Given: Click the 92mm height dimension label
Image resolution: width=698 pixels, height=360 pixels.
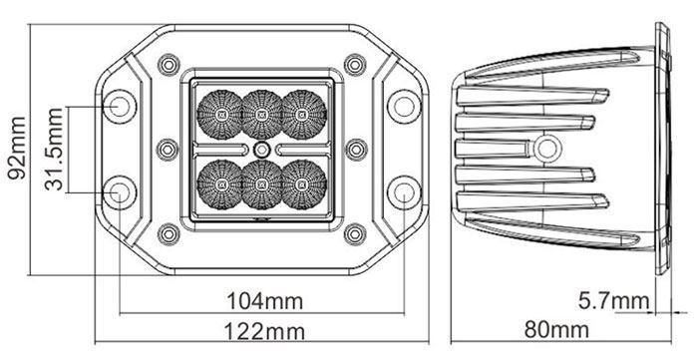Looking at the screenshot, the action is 17,149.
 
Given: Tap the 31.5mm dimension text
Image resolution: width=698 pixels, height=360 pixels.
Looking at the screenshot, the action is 54,149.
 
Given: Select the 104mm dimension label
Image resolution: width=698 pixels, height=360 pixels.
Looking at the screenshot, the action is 265,301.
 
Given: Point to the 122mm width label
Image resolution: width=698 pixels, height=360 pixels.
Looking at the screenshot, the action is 264,331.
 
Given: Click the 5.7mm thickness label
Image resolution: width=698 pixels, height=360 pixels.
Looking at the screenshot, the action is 614,301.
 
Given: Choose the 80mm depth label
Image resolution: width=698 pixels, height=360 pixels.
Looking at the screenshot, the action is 556,330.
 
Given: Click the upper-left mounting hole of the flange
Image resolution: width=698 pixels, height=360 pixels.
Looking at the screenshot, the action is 120,107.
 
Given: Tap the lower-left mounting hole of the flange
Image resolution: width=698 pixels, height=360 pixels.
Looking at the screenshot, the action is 120,192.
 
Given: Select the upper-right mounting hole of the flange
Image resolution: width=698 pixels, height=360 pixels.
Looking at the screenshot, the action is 404,107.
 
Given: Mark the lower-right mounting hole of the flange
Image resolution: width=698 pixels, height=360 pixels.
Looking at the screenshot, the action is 404,192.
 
